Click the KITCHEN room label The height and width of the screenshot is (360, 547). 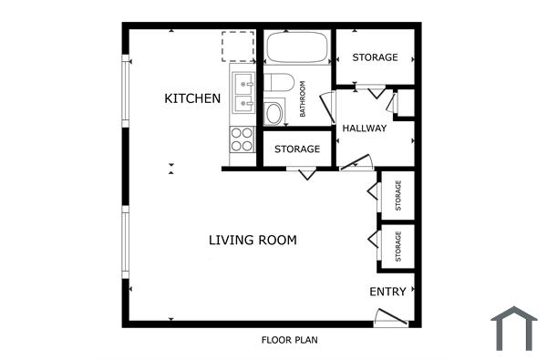pyautogui.click(x=192, y=98)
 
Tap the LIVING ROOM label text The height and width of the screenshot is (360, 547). pyautogui.click(x=253, y=241)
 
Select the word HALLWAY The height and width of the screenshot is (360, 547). pyautogui.click(x=365, y=129)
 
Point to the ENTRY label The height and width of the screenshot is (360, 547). pyautogui.click(x=387, y=293)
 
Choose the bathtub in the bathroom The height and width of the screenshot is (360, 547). pyautogui.click(x=297, y=47)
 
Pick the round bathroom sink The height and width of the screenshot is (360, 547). pyautogui.click(x=273, y=113)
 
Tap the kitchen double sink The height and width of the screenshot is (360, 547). pyautogui.click(x=243, y=93)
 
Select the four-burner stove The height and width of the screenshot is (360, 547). pyautogui.click(x=242, y=139)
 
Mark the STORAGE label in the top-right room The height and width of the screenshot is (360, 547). pyautogui.click(x=376, y=57)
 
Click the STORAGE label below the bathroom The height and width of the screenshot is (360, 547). pyautogui.click(x=297, y=149)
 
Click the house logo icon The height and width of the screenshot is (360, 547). pyautogui.click(x=514, y=328)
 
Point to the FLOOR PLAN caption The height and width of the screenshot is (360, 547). pyautogui.click(x=289, y=341)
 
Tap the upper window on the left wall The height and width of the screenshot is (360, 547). pyautogui.click(x=125, y=91)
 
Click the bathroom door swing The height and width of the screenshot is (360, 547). pyautogui.click(x=327, y=105)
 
